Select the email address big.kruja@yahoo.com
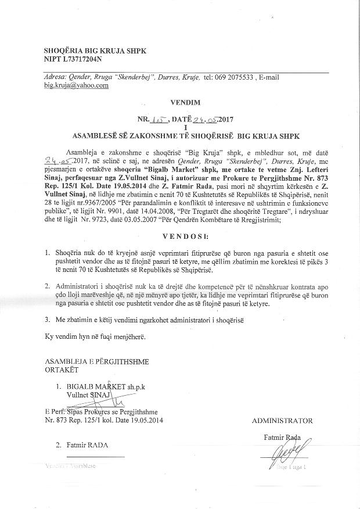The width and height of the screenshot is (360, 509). pos(76,85)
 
